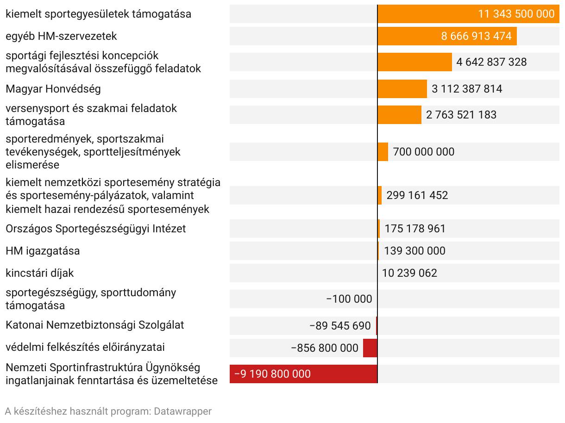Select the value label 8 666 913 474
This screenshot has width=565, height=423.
click(476, 36)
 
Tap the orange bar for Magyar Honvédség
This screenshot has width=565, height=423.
click(402, 89)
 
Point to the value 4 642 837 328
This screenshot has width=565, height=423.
click(491, 62)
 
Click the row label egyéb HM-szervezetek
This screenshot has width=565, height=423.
click(61, 36)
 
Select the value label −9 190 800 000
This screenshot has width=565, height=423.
click(272, 374)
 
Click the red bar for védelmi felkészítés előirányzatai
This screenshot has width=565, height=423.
click(370, 348)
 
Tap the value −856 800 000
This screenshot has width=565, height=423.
click(325, 348)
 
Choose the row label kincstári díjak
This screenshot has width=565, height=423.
click(39, 273)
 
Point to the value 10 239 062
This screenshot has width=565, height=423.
click(409, 273)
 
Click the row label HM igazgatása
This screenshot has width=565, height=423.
click(43, 251)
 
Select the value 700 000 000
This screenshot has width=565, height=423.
click(423, 152)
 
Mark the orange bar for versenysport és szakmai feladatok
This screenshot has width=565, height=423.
click(399, 115)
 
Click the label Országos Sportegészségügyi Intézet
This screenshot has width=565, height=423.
click(95, 229)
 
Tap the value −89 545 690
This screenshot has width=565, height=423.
click(340, 326)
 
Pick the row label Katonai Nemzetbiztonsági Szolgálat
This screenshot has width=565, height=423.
click(94, 325)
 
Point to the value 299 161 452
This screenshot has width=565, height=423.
click(417, 195)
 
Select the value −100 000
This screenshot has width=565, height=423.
click(349, 299)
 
